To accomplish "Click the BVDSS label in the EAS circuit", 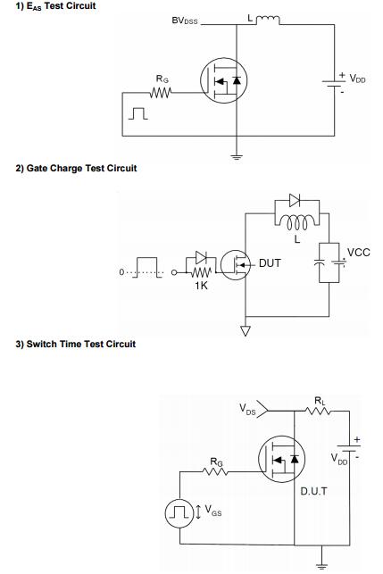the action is (185, 21).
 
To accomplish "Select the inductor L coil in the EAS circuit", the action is (268, 19).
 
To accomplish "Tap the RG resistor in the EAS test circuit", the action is (161, 93).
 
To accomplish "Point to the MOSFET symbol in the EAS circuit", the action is (224, 80).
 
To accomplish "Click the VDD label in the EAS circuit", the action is (357, 79).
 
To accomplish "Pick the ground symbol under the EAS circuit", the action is (237, 157).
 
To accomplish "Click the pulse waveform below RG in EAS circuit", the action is (138, 113).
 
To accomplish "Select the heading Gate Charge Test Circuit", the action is (76, 169).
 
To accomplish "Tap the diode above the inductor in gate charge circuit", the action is (295, 200).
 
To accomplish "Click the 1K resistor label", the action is (201, 286).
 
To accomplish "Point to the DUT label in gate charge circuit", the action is (270, 263).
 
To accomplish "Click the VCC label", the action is (359, 253).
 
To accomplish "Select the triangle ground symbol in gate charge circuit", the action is (246, 330).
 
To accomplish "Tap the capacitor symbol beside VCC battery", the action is (320, 262).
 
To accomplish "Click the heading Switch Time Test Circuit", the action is (75, 344).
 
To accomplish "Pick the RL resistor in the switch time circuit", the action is (319, 412).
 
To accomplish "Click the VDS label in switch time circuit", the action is (247, 409).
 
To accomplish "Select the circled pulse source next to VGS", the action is (179, 513).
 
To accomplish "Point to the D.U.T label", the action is (313, 491).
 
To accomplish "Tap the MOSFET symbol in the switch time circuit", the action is (281, 459).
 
